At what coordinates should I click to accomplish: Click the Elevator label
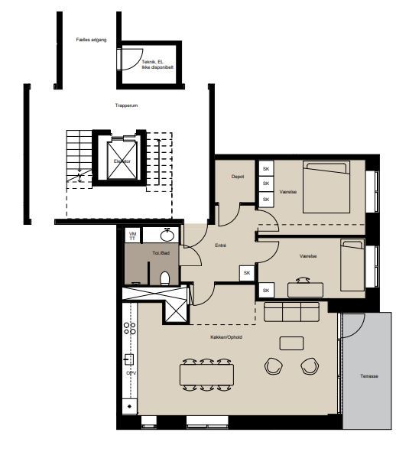point(122,161)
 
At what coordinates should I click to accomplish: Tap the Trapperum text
point(126,106)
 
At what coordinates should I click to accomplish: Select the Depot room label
point(238,177)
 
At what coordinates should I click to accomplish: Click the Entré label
point(220,245)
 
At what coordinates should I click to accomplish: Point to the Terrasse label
point(369,376)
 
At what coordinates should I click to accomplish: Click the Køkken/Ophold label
point(226,337)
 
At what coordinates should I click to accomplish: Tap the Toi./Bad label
point(161,253)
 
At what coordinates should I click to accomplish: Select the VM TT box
point(132,236)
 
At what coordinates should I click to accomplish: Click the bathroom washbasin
point(167,235)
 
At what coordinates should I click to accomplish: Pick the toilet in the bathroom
point(165,278)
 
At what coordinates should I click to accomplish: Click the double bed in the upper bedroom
point(326,187)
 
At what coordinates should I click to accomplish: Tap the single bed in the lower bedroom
point(352,265)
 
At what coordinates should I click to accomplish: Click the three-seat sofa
point(291,312)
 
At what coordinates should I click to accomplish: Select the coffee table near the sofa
point(291,343)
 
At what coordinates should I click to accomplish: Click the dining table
point(207,375)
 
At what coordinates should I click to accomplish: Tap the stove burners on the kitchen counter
point(130,328)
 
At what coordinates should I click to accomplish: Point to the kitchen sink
point(128,359)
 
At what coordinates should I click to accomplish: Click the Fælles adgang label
point(92,40)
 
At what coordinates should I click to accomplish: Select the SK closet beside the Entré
point(247,273)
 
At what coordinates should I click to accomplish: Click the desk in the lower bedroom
point(305,290)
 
